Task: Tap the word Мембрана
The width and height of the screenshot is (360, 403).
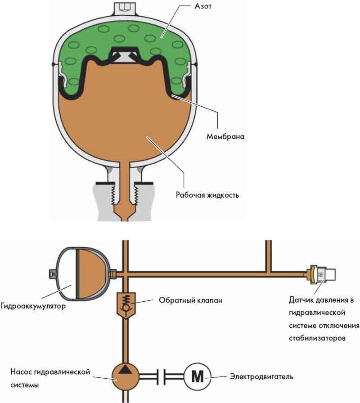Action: pyautogui.click(x=223, y=136)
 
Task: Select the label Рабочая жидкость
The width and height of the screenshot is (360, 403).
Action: pyautogui.click(x=207, y=195)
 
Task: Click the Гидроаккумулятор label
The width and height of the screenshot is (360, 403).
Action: pyautogui.click(x=34, y=307)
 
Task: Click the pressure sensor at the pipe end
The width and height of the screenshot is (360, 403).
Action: pyautogui.click(x=322, y=273)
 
